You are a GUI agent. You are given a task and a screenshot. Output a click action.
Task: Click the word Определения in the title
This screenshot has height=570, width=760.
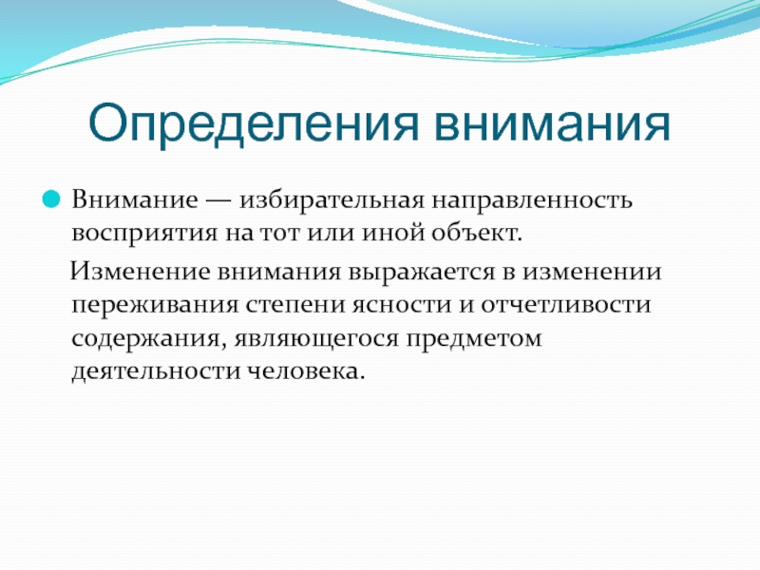coord(253,124)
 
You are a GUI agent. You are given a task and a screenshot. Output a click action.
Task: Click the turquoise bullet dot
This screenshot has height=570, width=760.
coord(51,199)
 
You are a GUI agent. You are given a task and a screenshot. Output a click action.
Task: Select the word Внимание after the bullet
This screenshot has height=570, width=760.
coord(135,199)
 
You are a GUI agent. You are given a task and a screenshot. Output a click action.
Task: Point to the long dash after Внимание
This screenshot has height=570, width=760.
coord(218,200)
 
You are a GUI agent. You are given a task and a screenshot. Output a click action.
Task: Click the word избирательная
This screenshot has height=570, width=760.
coord(332,200)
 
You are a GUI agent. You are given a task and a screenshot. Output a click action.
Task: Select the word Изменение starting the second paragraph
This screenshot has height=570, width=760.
coord(141,271)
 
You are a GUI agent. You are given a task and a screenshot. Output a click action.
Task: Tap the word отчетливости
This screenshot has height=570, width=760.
coord(565,305)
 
